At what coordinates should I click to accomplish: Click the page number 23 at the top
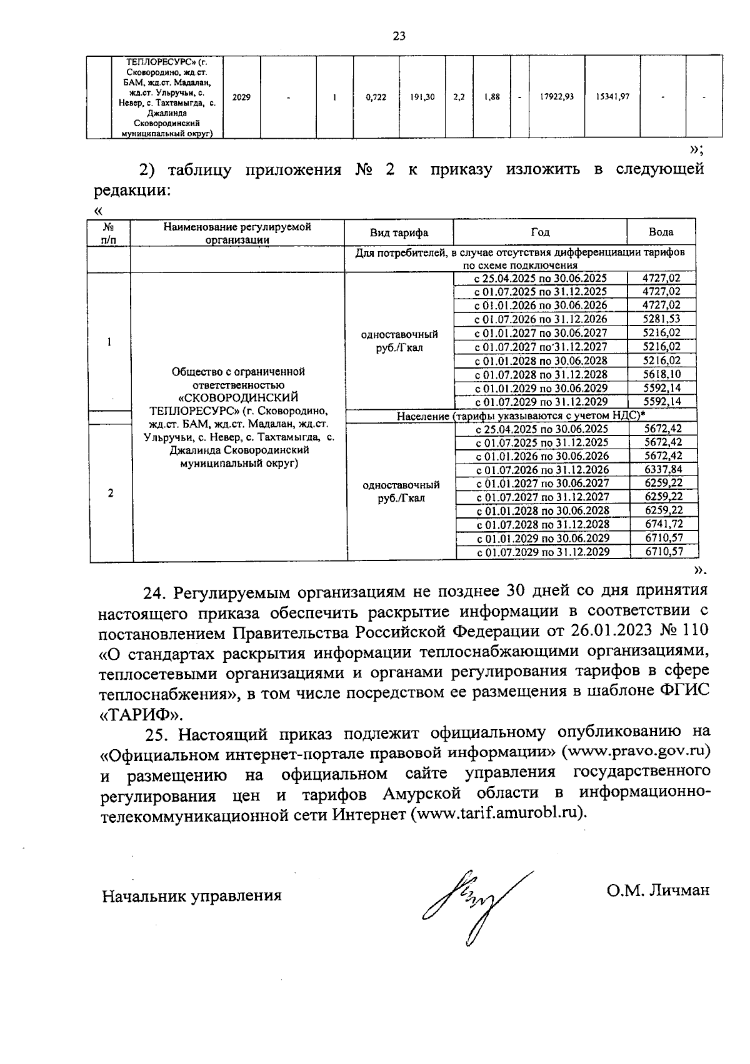(399, 36)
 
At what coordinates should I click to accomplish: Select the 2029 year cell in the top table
(241, 97)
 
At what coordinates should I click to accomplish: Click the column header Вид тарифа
(399, 232)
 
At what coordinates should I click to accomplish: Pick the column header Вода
(661, 232)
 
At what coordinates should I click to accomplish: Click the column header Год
(540, 232)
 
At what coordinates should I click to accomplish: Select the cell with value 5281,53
(662, 319)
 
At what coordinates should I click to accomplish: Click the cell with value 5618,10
(662, 374)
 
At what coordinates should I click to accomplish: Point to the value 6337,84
(663, 470)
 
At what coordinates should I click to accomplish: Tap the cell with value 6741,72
(663, 524)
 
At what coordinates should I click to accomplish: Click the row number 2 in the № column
(111, 493)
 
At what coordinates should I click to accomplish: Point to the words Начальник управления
(192, 896)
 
